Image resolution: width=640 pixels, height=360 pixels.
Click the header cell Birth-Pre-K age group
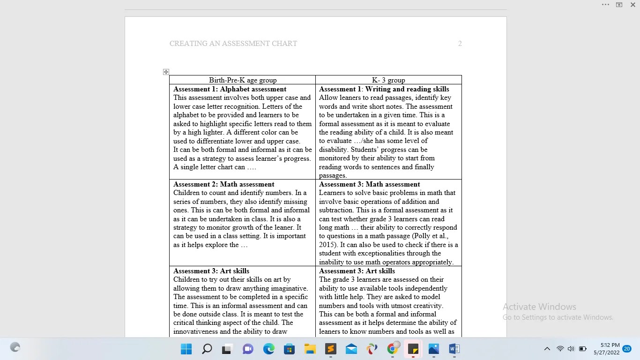coord(243,80)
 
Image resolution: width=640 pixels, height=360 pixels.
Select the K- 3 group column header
coord(388,80)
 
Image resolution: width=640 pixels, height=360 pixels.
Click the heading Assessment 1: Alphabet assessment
coord(230,89)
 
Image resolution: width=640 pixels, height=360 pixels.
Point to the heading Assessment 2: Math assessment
coord(223,184)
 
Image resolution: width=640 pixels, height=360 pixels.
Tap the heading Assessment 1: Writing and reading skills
coord(384,89)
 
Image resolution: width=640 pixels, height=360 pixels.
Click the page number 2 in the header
coord(460,44)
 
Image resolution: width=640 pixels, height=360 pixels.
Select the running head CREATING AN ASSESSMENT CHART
coord(233,44)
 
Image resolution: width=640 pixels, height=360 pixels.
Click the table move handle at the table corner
coord(166,72)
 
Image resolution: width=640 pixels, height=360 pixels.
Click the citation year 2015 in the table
coord(328,245)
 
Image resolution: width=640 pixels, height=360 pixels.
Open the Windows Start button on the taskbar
coord(186,349)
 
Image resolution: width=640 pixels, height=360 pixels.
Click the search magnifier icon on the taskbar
coord(207,349)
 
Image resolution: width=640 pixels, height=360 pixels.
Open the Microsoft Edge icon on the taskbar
coord(268,349)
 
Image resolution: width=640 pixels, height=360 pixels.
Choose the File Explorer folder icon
coord(310,349)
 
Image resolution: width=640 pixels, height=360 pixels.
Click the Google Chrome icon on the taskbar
coord(393,349)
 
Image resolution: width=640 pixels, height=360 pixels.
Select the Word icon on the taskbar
coord(454,349)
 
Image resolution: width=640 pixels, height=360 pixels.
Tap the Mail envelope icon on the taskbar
coord(351,349)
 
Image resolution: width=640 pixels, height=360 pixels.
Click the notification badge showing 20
coord(627,349)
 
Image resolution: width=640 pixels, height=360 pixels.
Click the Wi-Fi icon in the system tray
coord(560,349)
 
